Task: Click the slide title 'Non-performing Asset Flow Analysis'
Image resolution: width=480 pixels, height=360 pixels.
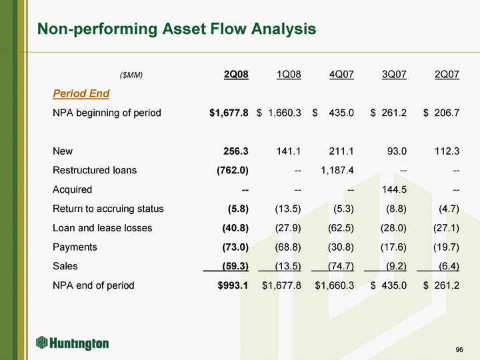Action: point(177,29)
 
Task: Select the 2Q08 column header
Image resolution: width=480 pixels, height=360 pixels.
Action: point(236,74)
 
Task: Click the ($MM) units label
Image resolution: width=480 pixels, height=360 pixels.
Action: point(131,75)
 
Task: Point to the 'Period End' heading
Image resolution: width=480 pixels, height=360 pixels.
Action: point(81,93)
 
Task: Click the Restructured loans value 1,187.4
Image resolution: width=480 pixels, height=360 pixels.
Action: point(337,170)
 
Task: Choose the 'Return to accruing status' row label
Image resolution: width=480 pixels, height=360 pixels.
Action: point(108,209)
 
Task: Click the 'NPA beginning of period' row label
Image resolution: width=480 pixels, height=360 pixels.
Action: point(107,113)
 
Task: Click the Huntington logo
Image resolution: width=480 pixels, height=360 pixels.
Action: point(73,343)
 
